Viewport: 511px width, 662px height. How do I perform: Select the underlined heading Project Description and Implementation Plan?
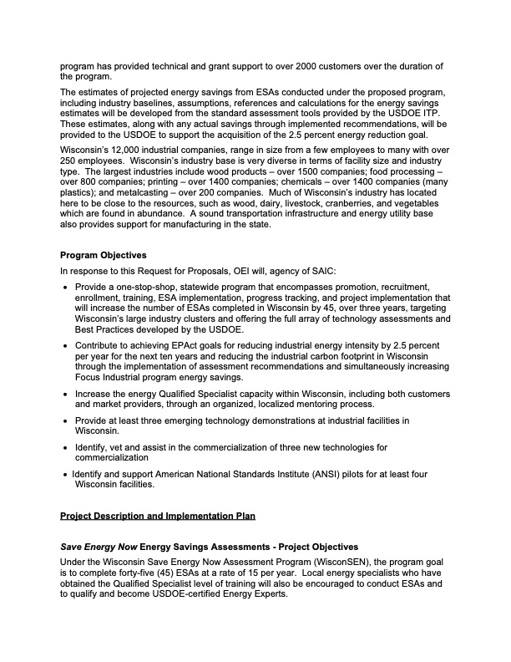point(158,515)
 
